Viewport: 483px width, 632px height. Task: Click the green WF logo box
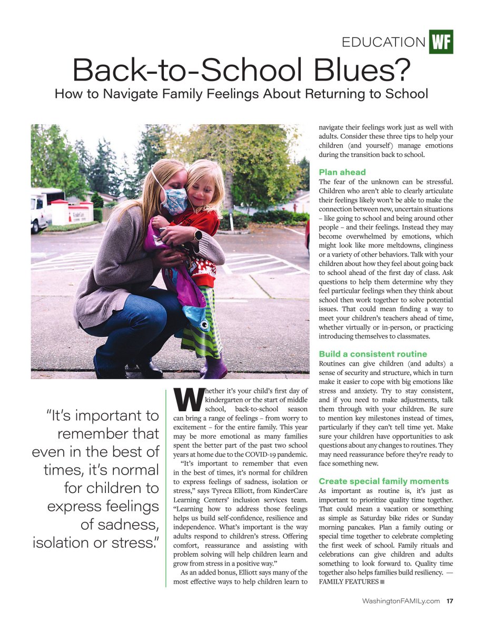pos(441,42)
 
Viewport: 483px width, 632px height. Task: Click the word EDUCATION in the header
pos(383,43)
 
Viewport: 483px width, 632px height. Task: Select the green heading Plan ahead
pos(342,172)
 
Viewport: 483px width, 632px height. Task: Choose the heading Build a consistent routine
pos(373,354)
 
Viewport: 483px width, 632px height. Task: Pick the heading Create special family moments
pos(384,481)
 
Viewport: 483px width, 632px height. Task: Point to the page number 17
pos(450,601)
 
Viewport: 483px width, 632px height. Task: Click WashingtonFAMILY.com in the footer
pos(401,601)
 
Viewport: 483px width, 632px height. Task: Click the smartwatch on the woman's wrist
pos(198,236)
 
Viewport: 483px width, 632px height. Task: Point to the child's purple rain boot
pos(213,367)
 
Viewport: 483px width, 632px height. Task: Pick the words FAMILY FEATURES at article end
pos(348,581)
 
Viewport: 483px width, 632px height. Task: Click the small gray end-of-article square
pos(382,581)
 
